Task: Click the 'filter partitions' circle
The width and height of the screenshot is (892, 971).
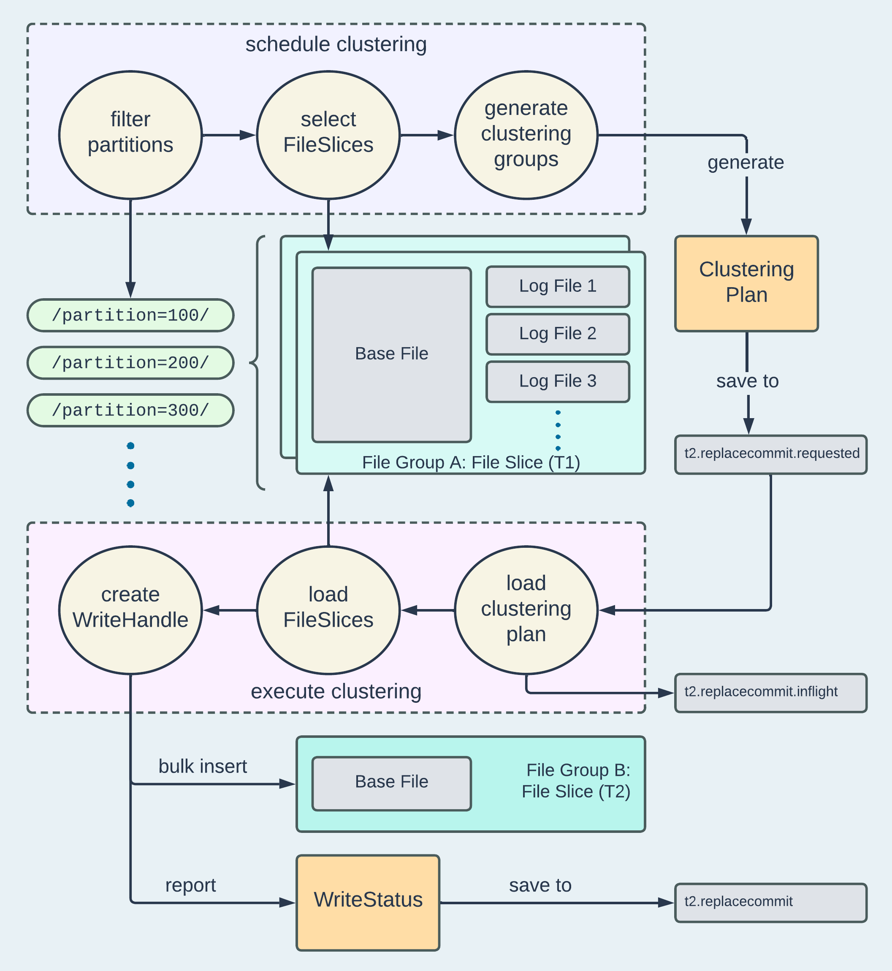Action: (130, 135)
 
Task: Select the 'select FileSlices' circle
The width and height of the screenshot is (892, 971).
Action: (328, 135)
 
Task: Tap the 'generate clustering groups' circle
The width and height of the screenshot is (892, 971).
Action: (526, 135)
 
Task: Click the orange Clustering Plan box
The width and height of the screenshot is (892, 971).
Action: (746, 283)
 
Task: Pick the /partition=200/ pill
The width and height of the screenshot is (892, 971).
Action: (130, 363)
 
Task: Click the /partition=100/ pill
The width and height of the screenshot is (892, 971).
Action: (130, 316)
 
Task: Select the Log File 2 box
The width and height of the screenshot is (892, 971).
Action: (558, 334)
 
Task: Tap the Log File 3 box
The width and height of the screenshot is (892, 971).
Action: (558, 381)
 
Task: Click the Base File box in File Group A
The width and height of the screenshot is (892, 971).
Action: (391, 354)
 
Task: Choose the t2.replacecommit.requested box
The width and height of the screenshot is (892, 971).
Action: (771, 454)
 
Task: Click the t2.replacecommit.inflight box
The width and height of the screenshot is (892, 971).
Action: (771, 692)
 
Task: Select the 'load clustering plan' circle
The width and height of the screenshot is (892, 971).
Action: (526, 610)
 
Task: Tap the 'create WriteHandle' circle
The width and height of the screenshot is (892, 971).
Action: (130, 610)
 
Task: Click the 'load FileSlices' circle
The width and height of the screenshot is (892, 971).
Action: (328, 610)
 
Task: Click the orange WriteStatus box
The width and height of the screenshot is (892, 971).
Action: (368, 903)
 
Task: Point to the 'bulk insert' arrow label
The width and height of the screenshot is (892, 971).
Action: (203, 766)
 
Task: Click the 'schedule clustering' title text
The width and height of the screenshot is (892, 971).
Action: (336, 44)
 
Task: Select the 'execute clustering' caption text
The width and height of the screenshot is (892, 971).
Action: (336, 691)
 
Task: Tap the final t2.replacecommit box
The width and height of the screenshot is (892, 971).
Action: (771, 903)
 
